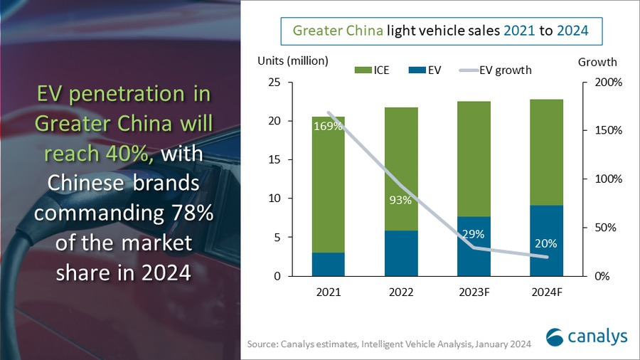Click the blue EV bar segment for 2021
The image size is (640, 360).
pyautogui.click(x=328, y=264)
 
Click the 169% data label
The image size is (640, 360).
pyautogui.click(x=328, y=127)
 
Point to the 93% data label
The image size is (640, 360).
pyautogui.click(x=401, y=200)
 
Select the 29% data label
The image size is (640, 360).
pyautogui.click(x=474, y=233)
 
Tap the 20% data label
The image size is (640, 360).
pyautogui.click(x=546, y=243)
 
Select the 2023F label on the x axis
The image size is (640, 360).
pyautogui.click(x=474, y=292)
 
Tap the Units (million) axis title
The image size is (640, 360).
pyautogui.click(x=292, y=61)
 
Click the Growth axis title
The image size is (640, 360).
pyautogui.click(x=597, y=62)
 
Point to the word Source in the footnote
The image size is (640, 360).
pyautogui.click(x=262, y=344)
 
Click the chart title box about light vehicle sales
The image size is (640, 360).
pyautogui.click(x=439, y=31)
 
